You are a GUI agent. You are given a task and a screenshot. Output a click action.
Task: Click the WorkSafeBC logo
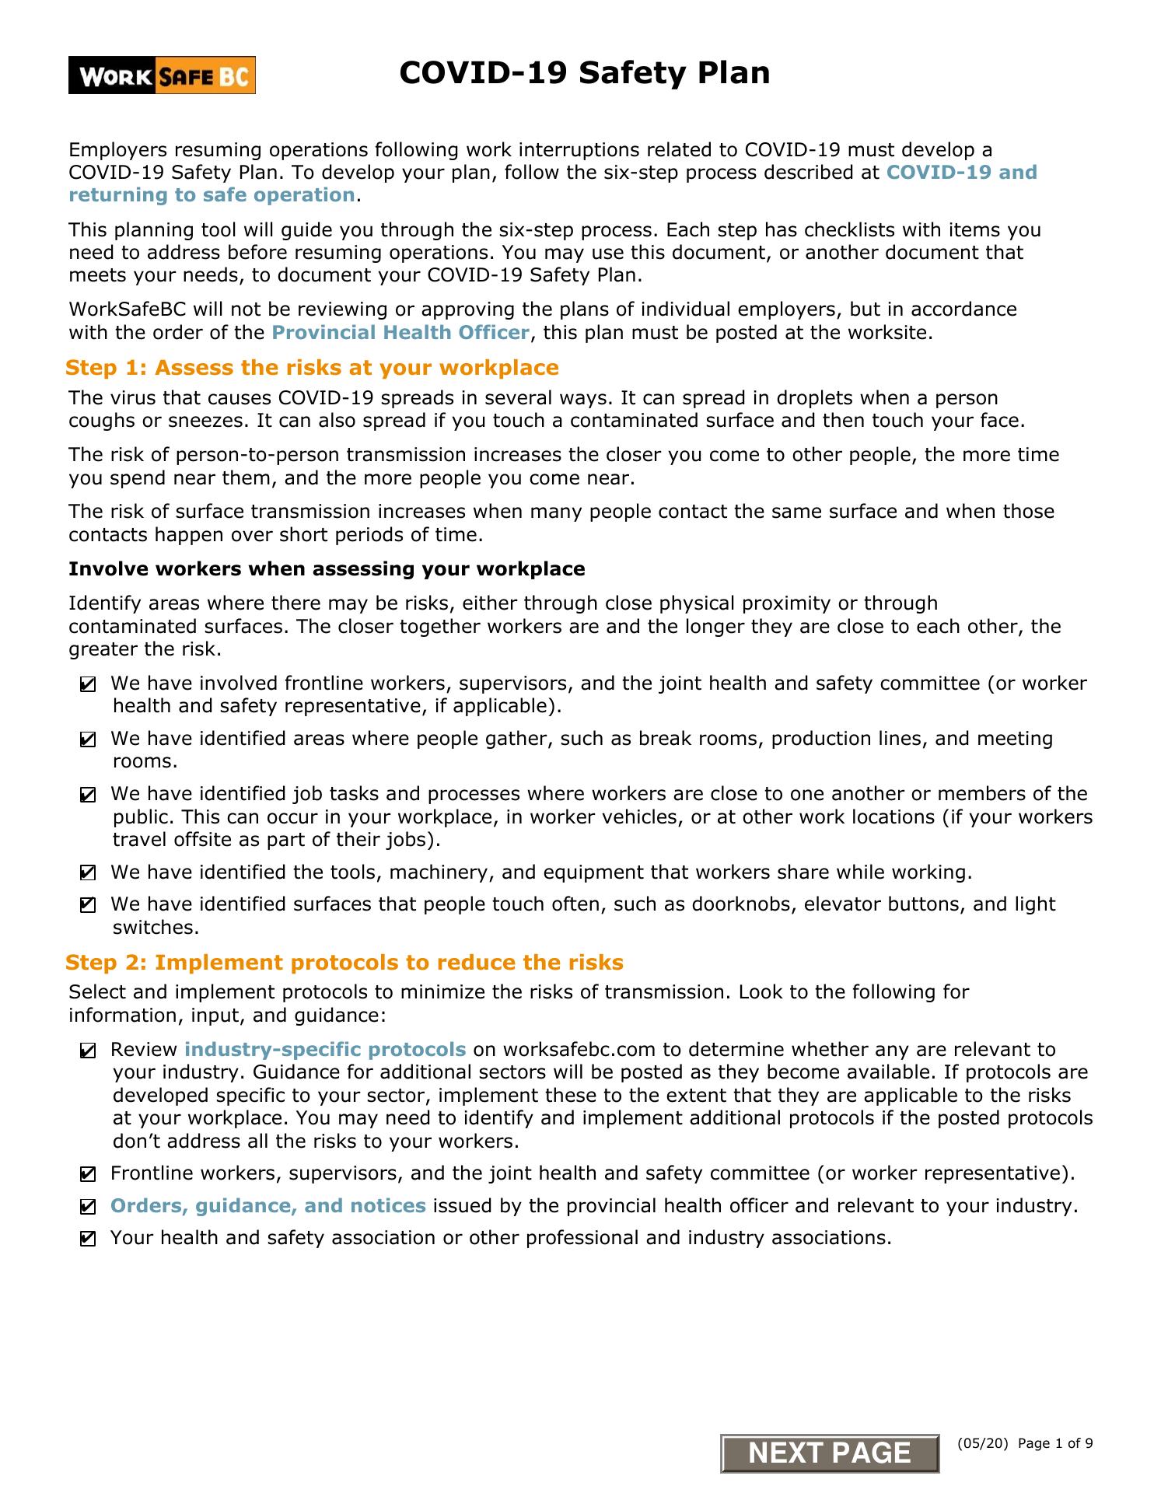coord(162,76)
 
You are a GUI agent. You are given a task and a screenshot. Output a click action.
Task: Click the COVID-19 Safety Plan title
coord(584,73)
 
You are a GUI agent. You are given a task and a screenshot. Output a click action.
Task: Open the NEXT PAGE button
coord(830,1453)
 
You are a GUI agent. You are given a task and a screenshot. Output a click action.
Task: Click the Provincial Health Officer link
coord(400,333)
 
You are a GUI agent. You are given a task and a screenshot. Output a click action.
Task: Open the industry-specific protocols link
coord(325,1050)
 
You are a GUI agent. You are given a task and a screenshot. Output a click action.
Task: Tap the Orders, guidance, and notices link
coord(268,1206)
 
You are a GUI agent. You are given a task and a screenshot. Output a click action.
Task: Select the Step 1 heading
coord(312,368)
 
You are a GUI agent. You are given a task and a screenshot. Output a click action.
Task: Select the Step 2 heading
coord(344,963)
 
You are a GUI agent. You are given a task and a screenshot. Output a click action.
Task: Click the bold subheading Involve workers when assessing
coord(327,569)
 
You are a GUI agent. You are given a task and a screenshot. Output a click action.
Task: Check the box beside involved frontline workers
coord(88,685)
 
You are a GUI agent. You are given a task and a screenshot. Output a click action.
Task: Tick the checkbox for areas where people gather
coord(88,740)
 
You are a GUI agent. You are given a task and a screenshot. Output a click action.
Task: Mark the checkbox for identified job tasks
coord(88,795)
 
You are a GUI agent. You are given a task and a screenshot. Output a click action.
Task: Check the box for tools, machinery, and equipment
coord(88,873)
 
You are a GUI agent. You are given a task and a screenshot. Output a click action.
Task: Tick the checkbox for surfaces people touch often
coord(88,905)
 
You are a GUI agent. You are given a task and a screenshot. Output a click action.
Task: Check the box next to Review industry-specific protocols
coord(88,1051)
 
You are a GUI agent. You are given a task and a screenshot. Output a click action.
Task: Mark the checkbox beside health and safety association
coord(88,1239)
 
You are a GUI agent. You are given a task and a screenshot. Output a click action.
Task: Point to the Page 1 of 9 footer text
coord(1055,1444)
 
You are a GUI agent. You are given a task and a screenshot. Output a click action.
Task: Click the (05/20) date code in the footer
coord(983,1444)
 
